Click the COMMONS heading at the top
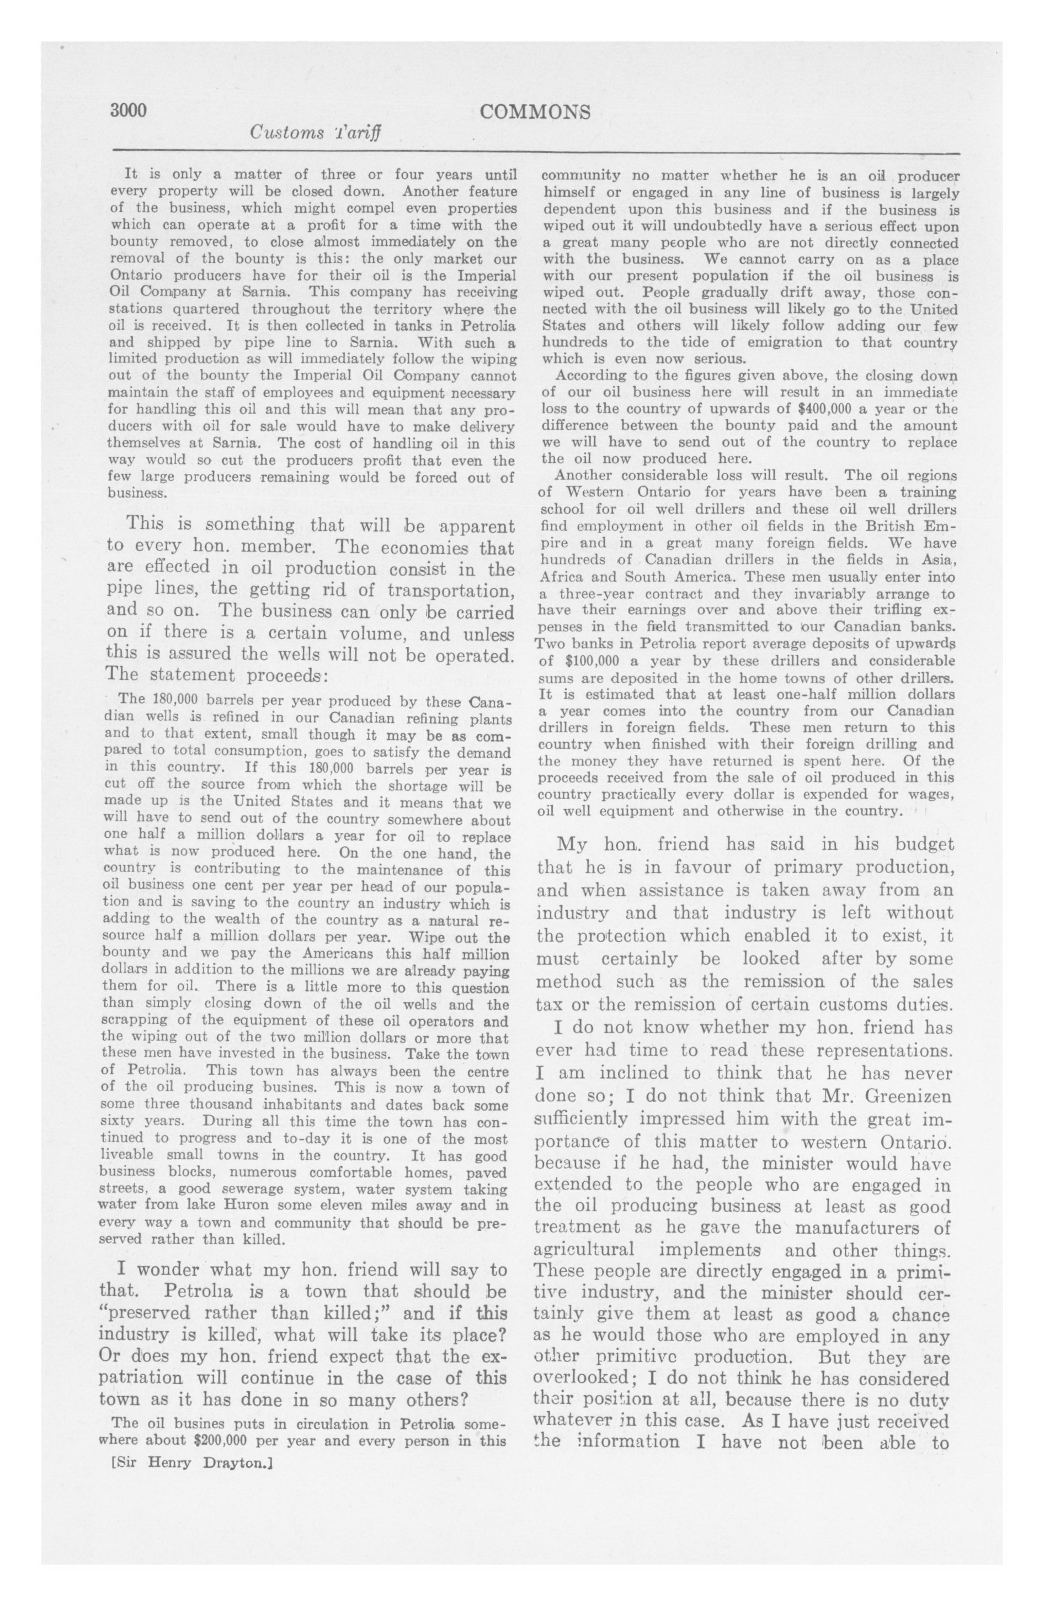coord(535,112)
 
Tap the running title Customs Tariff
coord(316,132)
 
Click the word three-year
coord(585,594)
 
